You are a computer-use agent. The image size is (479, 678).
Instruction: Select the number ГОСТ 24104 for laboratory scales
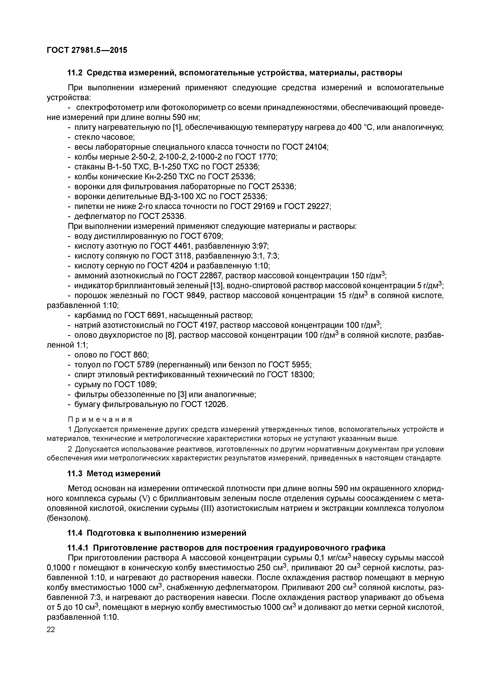pyautogui.click(x=305, y=147)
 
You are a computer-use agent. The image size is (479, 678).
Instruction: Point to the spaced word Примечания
pyautogui.click(x=100, y=419)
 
